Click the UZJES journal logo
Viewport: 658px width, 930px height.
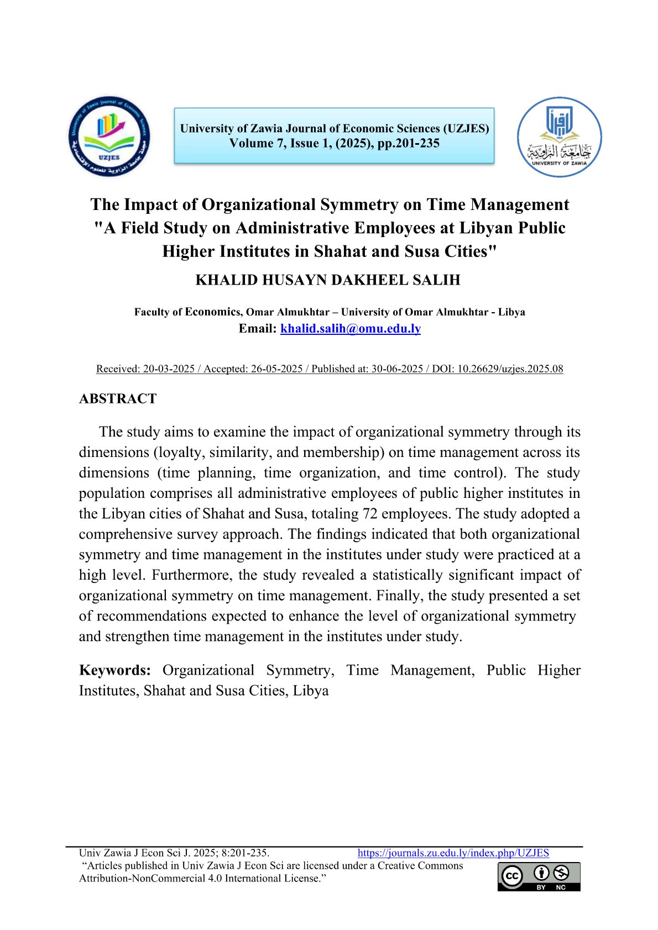coord(109,136)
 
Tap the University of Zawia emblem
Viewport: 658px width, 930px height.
coord(559,137)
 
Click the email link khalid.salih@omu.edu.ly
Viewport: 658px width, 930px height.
coord(351,329)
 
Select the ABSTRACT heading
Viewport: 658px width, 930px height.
coord(118,399)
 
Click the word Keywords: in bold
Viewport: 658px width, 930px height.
coord(115,670)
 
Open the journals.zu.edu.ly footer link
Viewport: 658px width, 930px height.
coord(453,853)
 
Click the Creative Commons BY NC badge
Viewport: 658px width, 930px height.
coord(539,876)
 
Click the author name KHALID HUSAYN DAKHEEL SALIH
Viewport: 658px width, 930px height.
coord(328,280)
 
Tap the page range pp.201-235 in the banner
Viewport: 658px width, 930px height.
coord(409,144)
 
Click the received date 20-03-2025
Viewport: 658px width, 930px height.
coord(169,369)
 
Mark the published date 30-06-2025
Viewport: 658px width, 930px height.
coord(396,369)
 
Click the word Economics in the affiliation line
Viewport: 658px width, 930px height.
coord(213,312)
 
